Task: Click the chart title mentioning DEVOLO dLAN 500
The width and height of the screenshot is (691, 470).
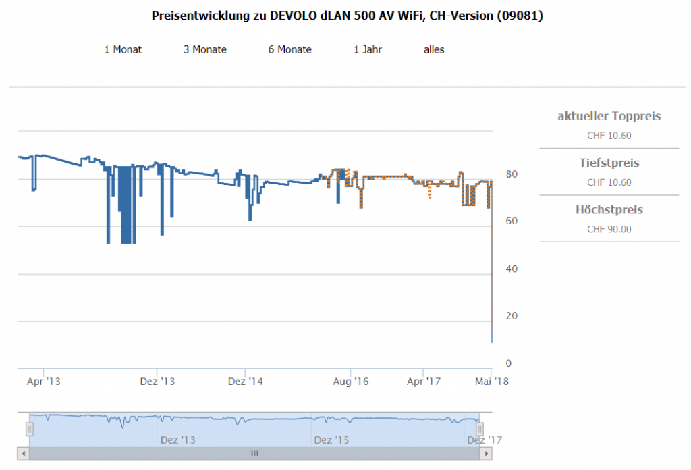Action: tap(347, 16)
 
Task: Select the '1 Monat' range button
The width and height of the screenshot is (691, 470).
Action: tap(123, 49)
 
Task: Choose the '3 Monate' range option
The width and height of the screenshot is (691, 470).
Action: tap(205, 49)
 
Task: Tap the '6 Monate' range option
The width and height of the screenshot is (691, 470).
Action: tap(289, 49)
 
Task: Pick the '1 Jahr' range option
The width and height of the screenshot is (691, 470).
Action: tap(368, 49)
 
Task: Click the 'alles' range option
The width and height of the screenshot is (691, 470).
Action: tap(434, 49)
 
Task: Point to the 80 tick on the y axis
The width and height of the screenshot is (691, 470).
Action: tap(512, 174)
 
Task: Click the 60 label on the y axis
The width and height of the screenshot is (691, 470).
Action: tap(512, 221)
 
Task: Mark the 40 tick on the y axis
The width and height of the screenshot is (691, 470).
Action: tap(512, 269)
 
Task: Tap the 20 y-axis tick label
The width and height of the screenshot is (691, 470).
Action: tap(512, 316)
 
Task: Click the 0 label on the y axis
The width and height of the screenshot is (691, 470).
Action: tap(509, 363)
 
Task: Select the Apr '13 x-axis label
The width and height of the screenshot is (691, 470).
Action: tap(43, 382)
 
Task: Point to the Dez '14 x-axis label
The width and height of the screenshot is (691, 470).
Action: tap(246, 382)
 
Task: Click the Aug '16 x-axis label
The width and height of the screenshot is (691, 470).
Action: tap(351, 382)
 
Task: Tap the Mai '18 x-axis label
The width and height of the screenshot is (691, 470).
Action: tap(491, 382)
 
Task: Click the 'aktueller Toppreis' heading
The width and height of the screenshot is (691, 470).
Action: tap(609, 116)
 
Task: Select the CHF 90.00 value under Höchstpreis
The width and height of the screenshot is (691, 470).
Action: tap(609, 229)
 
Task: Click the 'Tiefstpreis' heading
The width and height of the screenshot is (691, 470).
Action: tap(609, 163)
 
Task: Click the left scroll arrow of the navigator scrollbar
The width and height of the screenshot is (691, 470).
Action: tap(23, 454)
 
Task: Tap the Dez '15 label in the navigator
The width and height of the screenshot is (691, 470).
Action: tap(332, 440)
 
